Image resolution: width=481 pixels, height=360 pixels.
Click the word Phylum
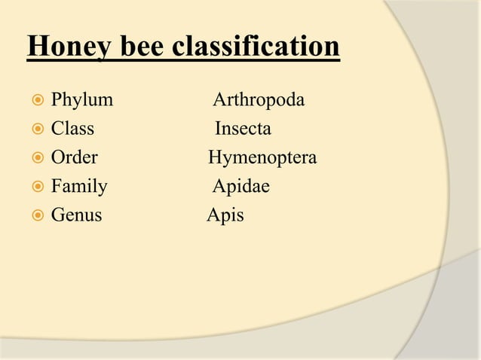tap(82, 100)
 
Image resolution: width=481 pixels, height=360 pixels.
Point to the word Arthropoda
tap(259, 100)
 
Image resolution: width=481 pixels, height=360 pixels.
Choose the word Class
tap(72, 129)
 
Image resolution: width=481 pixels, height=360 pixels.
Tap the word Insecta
tap(243, 129)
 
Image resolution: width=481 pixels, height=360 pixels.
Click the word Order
tap(74, 158)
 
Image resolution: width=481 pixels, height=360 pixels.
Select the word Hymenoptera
tap(262, 158)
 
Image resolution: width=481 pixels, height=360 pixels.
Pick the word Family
tap(79, 187)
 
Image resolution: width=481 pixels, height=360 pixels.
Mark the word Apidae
tap(240, 187)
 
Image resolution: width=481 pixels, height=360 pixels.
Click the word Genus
tap(76, 215)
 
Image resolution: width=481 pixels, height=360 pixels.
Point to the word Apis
tap(225, 215)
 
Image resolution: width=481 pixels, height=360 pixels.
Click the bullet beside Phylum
tap(35, 101)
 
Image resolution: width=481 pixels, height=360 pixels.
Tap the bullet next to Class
tap(35, 130)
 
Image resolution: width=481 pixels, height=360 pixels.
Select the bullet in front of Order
tap(35, 159)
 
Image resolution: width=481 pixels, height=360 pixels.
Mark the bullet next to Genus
tap(35, 216)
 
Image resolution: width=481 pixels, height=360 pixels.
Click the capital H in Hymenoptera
tap(214, 158)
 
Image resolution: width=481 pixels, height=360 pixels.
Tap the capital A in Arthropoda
tap(219, 100)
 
